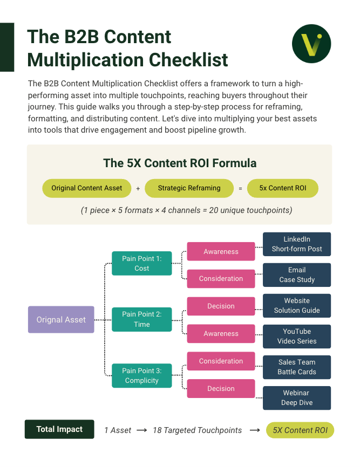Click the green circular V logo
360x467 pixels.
tap(311, 44)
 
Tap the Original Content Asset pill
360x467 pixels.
tap(87, 188)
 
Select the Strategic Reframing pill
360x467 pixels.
tap(189, 188)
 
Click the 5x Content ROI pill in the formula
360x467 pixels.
tap(282, 188)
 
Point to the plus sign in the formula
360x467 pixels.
tap(138, 189)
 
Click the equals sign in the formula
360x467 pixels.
tap(240, 189)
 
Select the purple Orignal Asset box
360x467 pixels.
tap(61, 320)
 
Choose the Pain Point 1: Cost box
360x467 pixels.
tap(142, 263)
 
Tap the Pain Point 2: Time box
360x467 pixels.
tap(142, 319)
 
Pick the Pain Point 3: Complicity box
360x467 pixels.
tap(142, 376)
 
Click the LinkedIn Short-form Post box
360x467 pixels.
tap(297, 244)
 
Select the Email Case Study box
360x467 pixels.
tap(297, 275)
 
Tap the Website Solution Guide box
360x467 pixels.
tap(297, 306)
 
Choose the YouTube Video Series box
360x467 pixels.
tap(297, 336)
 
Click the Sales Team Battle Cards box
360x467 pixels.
tap(297, 367)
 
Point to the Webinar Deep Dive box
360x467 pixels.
tap(297, 398)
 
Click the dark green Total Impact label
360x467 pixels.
tap(59, 429)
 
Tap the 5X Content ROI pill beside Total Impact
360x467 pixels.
tap(300, 430)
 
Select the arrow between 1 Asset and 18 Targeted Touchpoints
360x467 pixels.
tap(142, 430)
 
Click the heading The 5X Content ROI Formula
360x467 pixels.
tap(180, 163)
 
